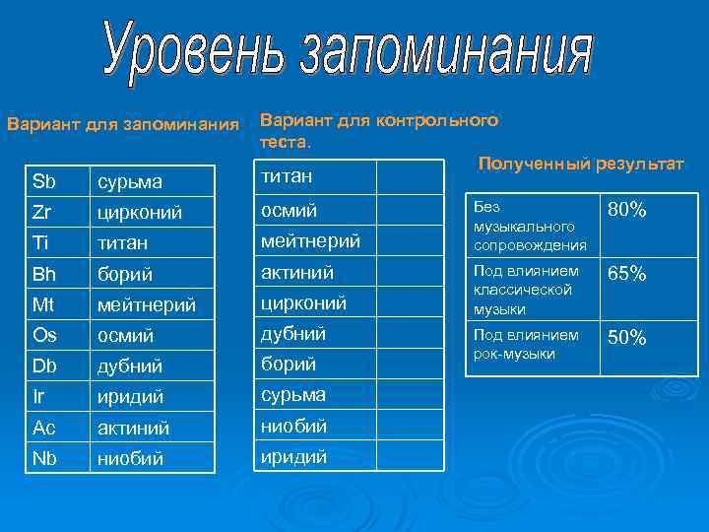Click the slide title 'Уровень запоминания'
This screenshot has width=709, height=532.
(349, 54)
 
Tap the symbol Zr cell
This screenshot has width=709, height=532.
(44, 211)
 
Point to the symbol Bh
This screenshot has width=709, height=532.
(45, 272)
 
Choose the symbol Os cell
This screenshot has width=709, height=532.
(45, 335)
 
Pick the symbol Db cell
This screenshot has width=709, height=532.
(45, 366)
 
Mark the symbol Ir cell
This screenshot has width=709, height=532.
(39, 396)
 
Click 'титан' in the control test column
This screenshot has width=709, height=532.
(286, 176)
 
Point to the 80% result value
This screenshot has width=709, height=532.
(627, 211)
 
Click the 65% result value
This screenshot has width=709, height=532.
(627, 274)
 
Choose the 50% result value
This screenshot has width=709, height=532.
(627, 338)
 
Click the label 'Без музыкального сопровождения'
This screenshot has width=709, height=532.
(530, 226)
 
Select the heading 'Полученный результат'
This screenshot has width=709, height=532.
(580, 162)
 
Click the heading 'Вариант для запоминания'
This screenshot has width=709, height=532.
(123, 125)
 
